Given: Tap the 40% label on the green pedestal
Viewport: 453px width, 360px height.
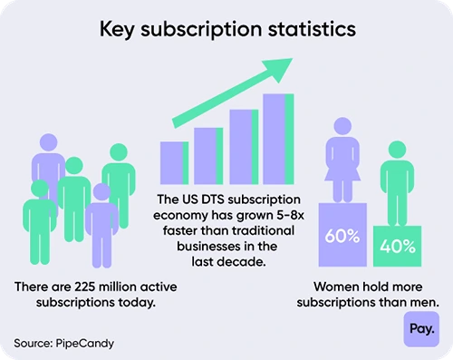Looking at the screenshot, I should point(398,246).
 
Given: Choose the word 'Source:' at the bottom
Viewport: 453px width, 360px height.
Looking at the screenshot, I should point(34,343).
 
